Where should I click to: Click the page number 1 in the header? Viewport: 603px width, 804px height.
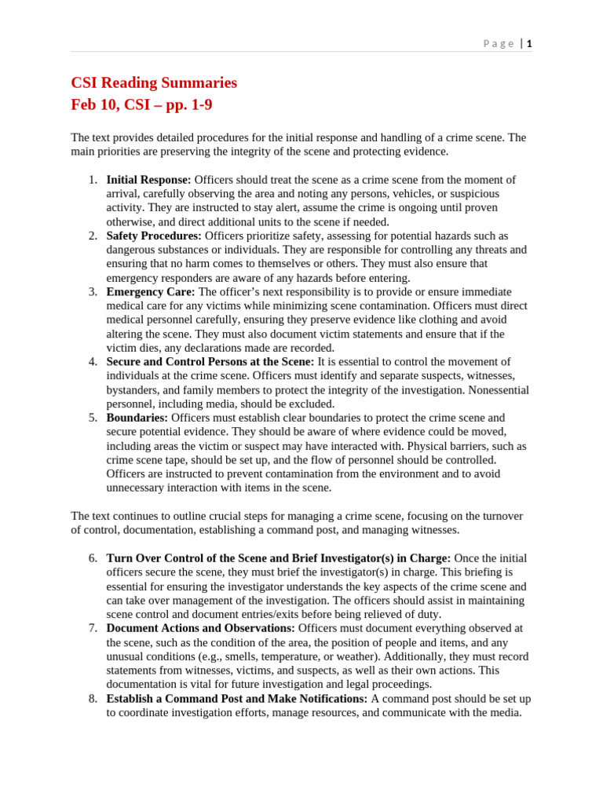tap(529, 44)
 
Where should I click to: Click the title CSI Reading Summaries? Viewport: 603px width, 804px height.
tap(154, 82)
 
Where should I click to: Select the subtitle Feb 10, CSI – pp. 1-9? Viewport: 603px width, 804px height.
tap(141, 104)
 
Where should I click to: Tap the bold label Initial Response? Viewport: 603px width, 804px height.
tap(148, 180)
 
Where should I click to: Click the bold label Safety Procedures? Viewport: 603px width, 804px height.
tap(154, 236)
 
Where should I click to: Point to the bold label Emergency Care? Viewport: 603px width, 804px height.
tap(151, 292)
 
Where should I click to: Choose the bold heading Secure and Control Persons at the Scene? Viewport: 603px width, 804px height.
tap(210, 362)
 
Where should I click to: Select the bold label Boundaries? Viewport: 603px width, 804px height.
tap(137, 418)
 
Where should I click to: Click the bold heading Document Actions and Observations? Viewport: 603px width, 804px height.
tap(200, 628)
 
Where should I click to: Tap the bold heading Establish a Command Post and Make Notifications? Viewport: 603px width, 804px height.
tap(236, 699)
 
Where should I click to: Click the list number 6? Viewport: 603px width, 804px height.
tap(93, 558)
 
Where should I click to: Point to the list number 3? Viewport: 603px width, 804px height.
tap(93, 292)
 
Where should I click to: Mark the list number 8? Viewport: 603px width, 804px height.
tap(93, 699)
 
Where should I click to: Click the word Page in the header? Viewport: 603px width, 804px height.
tap(499, 44)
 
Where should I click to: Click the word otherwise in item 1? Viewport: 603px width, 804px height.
tap(131, 222)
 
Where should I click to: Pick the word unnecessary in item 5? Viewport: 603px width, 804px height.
tap(138, 488)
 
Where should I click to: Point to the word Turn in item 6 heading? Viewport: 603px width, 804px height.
tap(119, 558)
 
